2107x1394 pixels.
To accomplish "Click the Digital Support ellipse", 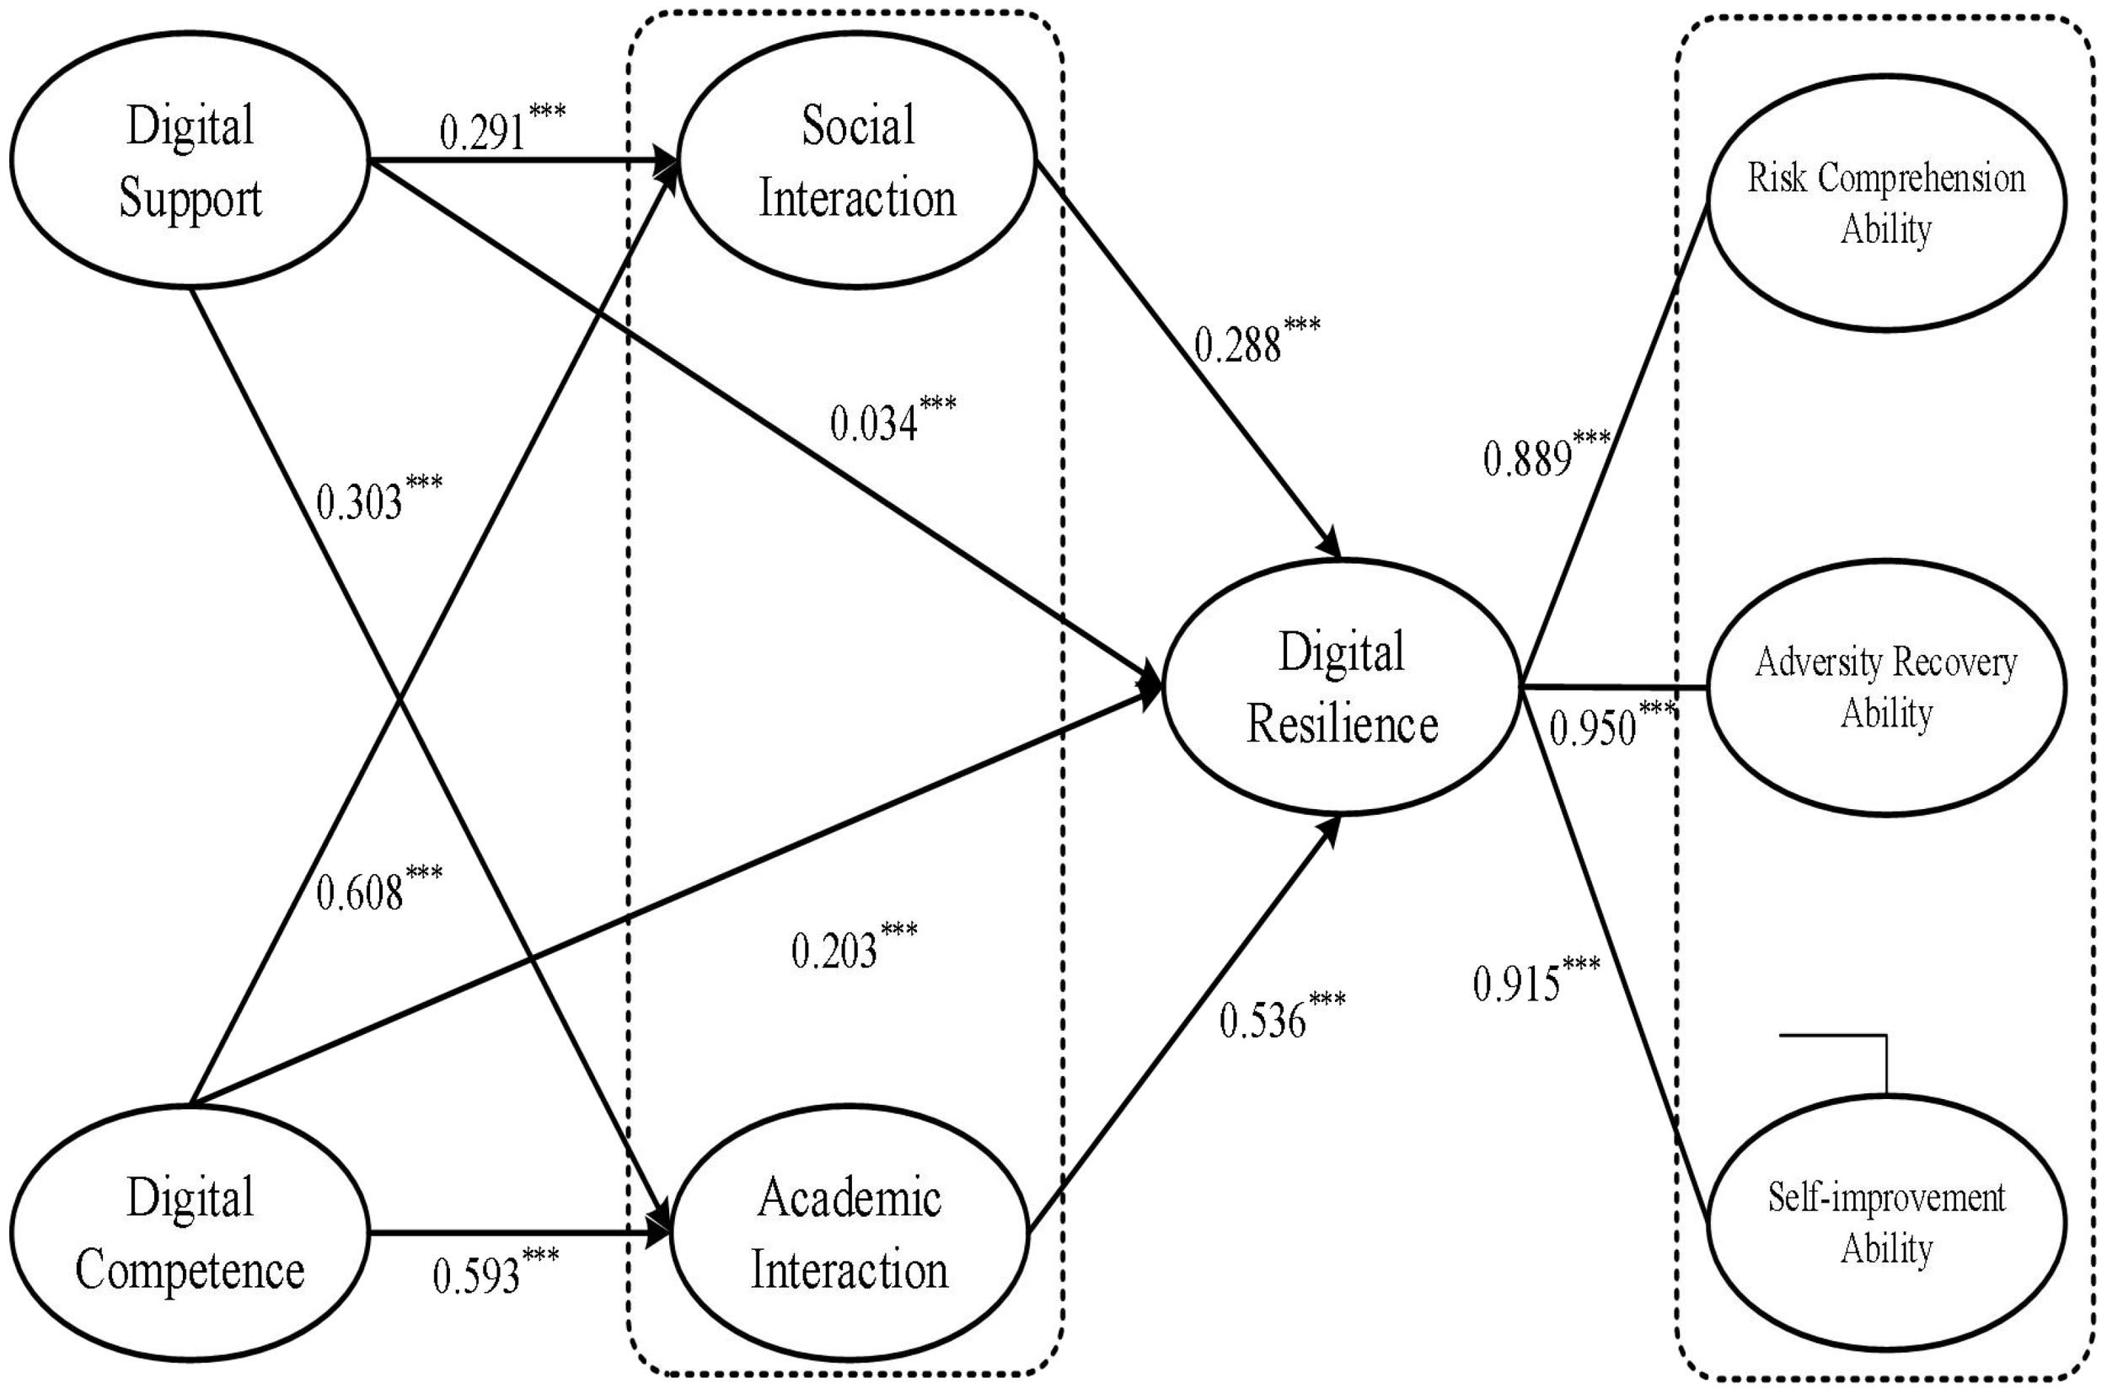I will click(190, 160).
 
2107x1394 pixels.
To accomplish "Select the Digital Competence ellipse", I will click(190, 1232).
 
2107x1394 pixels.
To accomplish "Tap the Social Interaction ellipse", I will click(857, 160).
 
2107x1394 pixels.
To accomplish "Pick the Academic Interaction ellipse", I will click(850, 1232).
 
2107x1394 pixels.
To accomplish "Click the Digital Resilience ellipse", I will click(1342, 686).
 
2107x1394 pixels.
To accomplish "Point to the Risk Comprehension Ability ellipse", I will click(1885, 203).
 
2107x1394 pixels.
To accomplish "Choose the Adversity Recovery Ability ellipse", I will click(1885, 686).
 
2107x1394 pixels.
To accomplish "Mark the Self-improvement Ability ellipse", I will click(1885, 1222).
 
